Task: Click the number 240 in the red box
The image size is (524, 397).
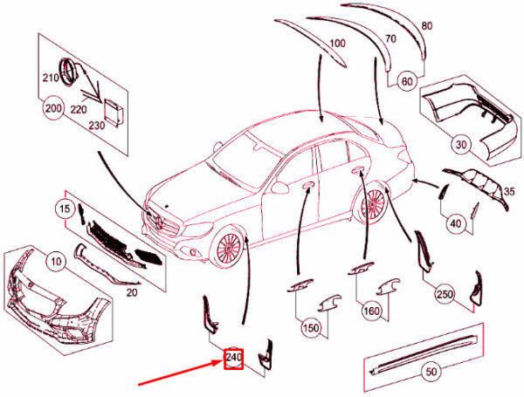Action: coord(233,358)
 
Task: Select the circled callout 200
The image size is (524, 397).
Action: coord(53,108)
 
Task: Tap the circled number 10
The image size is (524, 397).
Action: coord(57,262)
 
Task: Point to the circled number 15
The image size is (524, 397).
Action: coord(65,209)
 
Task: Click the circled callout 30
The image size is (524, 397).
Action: coord(461,145)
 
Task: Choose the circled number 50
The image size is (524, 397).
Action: coord(431,372)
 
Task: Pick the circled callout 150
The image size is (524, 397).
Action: coord(311,328)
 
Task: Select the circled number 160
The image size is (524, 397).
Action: coord(372,311)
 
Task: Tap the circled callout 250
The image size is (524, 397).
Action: coord(445,294)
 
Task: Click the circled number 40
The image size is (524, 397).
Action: coord(456,223)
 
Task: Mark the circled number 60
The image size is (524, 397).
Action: coord(407,81)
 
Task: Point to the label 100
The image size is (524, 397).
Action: coord(337,44)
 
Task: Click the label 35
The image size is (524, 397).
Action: coord(509,192)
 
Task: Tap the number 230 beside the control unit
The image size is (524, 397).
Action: coord(97,126)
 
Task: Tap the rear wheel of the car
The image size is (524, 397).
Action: coord(371,202)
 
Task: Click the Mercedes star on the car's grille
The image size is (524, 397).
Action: coord(160,222)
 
